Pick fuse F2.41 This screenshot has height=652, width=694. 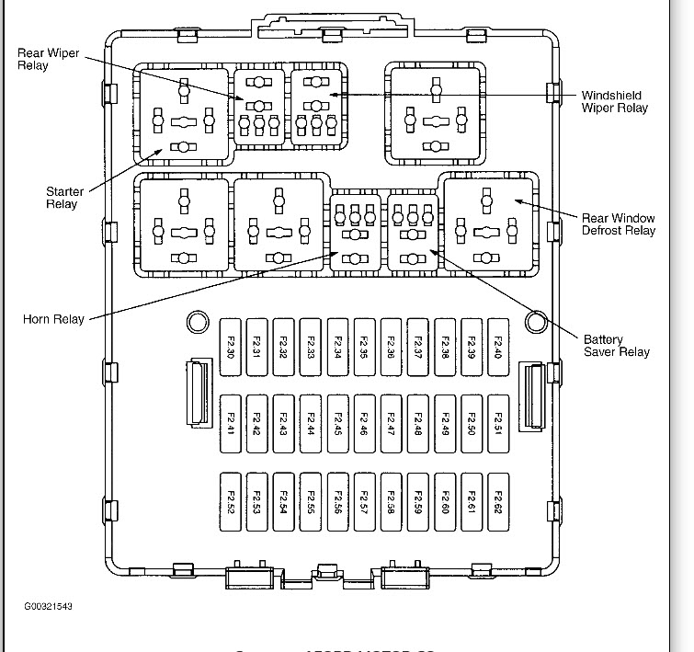click(232, 424)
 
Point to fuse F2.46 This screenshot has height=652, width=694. click(365, 424)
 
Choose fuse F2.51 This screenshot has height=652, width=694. click(498, 424)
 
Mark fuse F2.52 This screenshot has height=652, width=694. click(232, 502)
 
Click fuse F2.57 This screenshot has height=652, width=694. click(365, 502)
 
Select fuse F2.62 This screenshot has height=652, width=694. click(498, 502)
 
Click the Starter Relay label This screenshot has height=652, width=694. click(64, 198)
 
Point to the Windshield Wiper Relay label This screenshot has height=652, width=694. click(614, 102)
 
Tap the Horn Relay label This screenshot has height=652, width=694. click(53, 320)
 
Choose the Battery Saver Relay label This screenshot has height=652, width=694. click(616, 345)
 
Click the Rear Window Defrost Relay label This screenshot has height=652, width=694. click(619, 224)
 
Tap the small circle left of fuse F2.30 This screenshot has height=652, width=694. click(196, 321)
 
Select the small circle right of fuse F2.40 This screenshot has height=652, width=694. click(535, 321)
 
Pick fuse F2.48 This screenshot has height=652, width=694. click(418, 424)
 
